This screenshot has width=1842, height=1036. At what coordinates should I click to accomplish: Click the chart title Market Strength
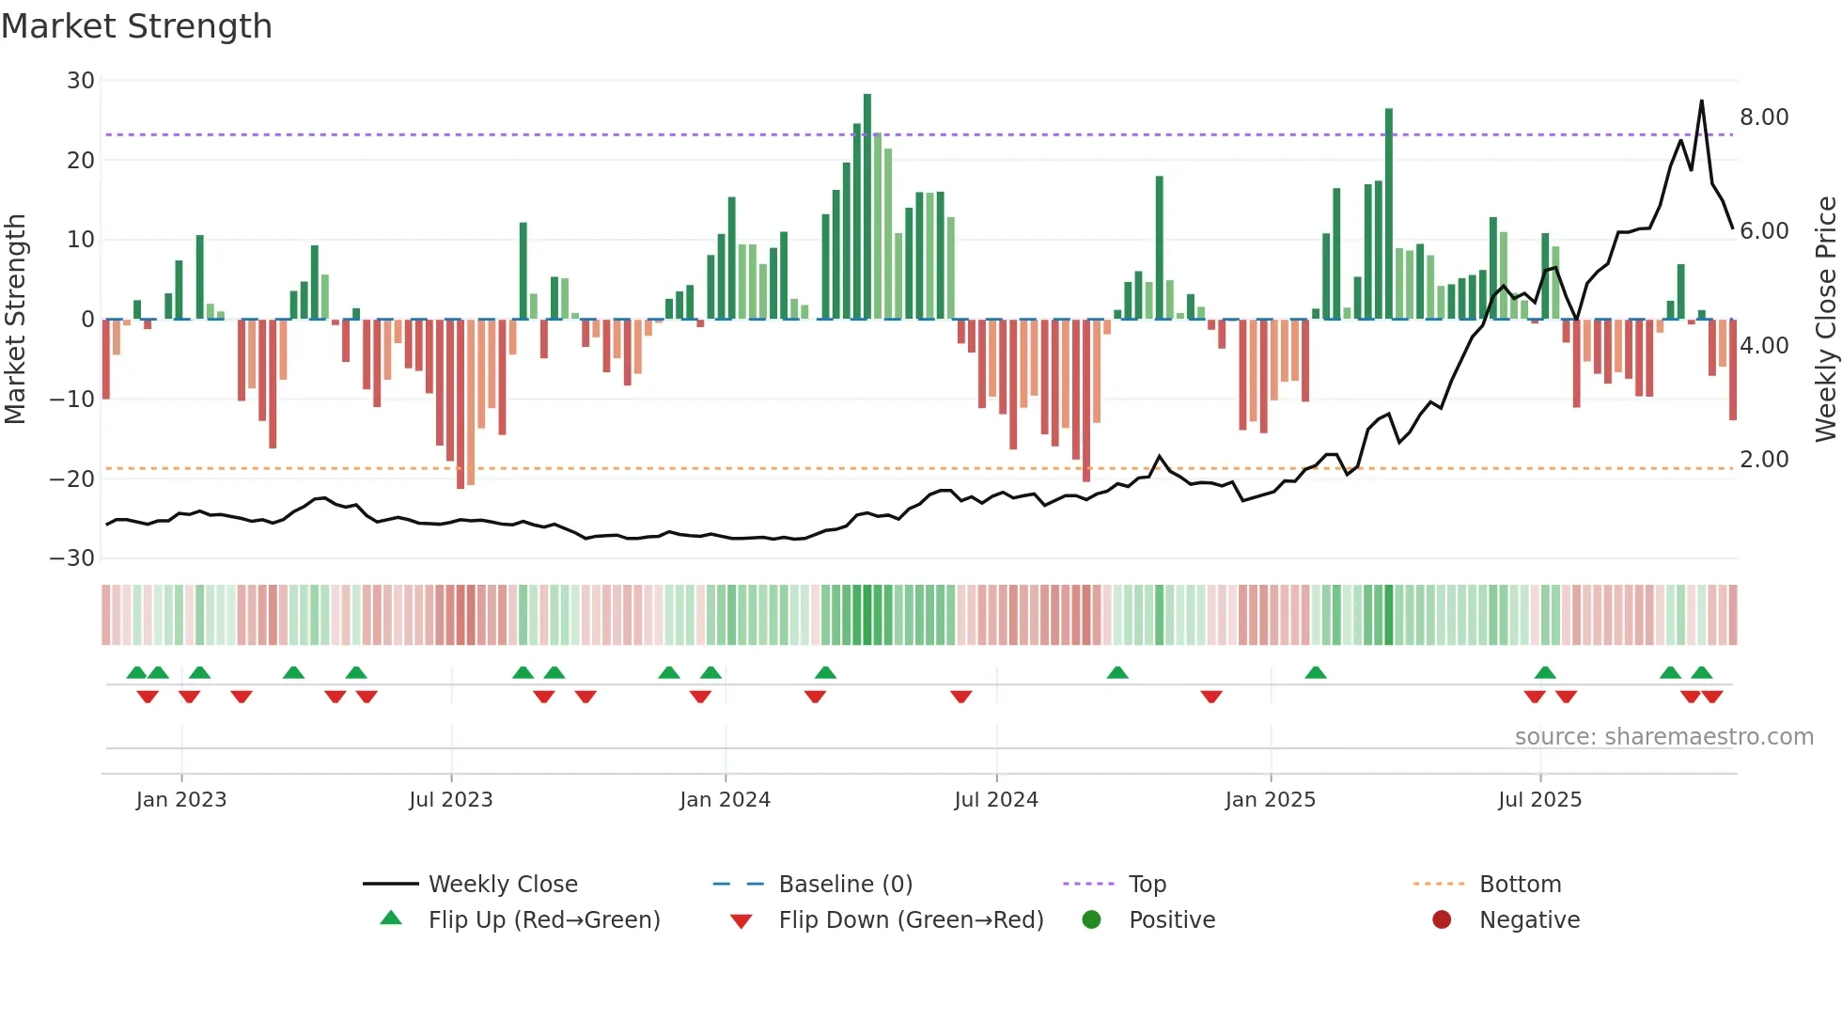[136, 26]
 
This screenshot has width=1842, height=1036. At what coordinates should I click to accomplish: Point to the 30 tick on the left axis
[81, 81]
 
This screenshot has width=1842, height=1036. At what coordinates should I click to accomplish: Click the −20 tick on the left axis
[72, 479]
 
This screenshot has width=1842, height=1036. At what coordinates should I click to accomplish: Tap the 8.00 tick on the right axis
[1763, 118]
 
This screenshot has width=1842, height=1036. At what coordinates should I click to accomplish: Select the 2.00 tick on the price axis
[1763, 460]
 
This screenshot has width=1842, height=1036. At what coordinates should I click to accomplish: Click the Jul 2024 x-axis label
[995, 800]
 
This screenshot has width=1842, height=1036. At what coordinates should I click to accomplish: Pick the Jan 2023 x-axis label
[181, 800]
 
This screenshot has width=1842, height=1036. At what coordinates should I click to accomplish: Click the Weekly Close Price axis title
[1825, 318]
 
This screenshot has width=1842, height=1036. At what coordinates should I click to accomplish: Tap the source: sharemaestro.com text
[1663, 737]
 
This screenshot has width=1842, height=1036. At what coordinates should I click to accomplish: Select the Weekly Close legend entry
[502, 885]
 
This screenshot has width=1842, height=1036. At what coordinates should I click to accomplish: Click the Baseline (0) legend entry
[845, 885]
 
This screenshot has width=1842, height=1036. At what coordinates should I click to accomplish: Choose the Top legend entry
[1147, 885]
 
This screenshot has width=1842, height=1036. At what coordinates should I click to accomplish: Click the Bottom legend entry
[1520, 885]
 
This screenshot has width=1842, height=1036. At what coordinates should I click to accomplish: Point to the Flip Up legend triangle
[391, 918]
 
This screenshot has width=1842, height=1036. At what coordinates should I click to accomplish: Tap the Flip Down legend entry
[910, 920]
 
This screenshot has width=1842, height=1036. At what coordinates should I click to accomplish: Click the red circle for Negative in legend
[1441, 919]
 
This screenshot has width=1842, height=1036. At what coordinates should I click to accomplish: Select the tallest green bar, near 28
[867, 207]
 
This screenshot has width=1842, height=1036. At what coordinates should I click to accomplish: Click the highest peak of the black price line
[1701, 102]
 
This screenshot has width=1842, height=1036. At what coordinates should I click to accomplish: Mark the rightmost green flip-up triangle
[1701, 673]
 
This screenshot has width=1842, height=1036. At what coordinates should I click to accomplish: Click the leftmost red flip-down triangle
[148, 697]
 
